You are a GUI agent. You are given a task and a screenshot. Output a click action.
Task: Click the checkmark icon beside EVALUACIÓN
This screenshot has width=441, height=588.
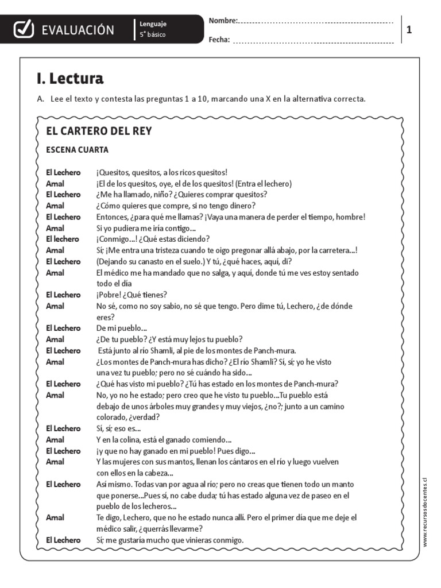coord(22,29)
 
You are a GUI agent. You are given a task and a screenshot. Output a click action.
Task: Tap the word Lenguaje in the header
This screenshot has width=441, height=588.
coord(153,24)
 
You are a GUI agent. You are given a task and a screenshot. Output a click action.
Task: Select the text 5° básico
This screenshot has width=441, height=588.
coord(152,35)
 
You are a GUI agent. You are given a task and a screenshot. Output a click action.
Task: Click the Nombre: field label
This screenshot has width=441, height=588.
coord(223,21)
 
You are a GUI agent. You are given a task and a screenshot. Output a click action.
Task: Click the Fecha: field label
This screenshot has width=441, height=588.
coord(219,40)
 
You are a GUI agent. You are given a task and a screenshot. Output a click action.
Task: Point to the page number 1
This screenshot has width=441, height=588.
coord(409,30)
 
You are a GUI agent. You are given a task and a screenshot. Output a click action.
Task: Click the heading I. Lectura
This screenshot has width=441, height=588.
coord(69,78)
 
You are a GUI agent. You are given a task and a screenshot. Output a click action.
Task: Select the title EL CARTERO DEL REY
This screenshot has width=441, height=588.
coord(99,131)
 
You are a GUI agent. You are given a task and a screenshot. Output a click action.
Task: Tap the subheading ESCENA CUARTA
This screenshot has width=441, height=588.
coord(77,150)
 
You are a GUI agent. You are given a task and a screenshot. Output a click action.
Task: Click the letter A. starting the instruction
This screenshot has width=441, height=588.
coord(40,99)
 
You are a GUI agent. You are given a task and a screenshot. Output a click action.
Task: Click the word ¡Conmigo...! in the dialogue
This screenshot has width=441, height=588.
coord(116,239)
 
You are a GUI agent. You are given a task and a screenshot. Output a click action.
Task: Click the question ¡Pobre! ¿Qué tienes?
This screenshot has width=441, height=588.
coord(131,295)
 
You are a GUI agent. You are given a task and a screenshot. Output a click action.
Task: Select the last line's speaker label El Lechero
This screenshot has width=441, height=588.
coord(63,540)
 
